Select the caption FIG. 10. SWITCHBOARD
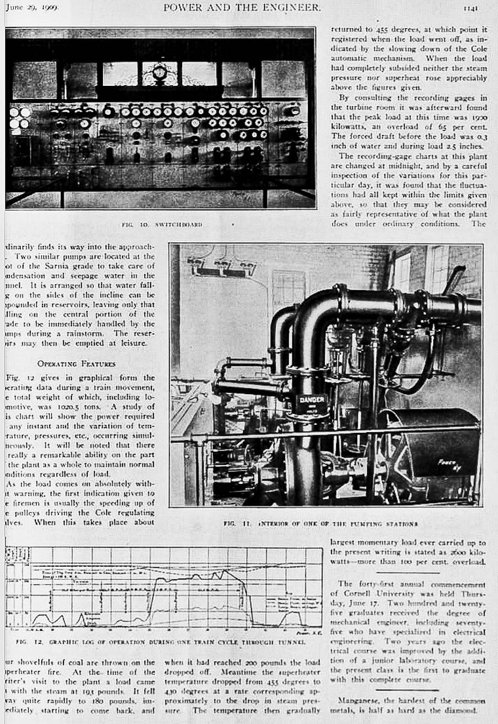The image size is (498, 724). click(162, 224)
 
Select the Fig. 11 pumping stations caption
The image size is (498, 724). click(320, 524)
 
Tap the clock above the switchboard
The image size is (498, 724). click(159, 72)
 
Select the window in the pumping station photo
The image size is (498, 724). click(288, 289)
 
